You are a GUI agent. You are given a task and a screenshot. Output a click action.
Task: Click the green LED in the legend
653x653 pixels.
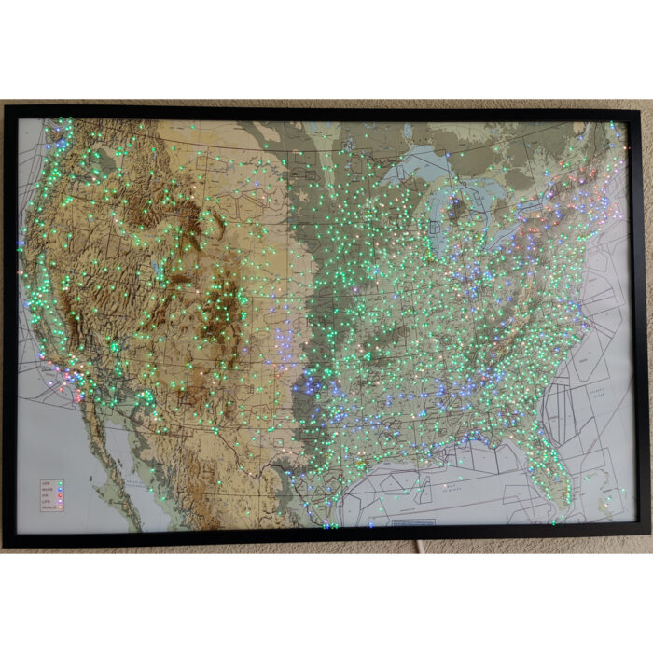tap(61, 483)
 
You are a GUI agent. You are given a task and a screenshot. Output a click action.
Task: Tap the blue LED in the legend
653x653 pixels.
tap(61, 490)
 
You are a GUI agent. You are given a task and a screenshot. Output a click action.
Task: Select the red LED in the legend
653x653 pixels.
tap(61, 495)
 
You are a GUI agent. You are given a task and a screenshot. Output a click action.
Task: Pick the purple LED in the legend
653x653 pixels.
tap(61, 502)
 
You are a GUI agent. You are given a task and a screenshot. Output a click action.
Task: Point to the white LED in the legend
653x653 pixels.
tap(61, 508)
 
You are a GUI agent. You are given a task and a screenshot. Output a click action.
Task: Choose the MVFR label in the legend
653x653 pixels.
tap(46, 490)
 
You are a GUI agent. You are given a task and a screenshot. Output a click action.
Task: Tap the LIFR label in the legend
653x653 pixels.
tap(45, 502)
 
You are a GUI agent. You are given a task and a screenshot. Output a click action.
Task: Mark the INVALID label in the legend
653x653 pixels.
tap(47, 508)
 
